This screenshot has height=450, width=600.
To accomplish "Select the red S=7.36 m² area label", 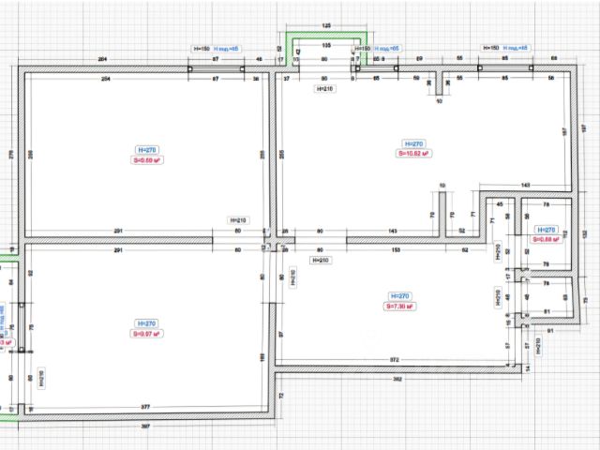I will pyautogui.click(x=398, y=306).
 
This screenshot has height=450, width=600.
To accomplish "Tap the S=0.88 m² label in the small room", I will pyautogui.click(x=545, y=239).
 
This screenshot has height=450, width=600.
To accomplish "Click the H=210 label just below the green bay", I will pyautogui.click(x=324, y=88).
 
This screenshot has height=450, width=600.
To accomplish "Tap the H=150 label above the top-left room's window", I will pyautogui.click(x=202, y=47).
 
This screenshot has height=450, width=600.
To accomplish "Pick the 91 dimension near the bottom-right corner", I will pyautogui.click(x=550, y=331).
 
